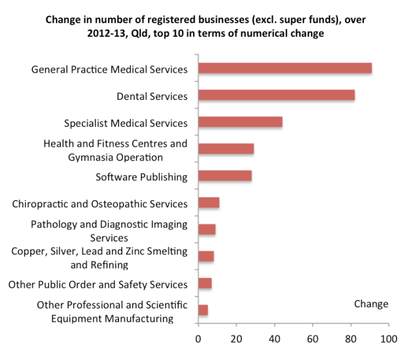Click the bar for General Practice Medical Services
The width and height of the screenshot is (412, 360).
click(x=285, y=68)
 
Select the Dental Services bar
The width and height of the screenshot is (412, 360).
click(x=276, y=95)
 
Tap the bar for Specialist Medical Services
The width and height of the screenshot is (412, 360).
click(x=240, y=122)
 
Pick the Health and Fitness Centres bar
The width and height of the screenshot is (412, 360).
click(x=226, y=149)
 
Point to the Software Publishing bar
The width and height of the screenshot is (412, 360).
click(x=225, y=176)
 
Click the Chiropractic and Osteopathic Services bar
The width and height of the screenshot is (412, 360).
click(x=209, y=203)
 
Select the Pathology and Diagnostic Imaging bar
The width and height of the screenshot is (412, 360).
click(x=207, y=229)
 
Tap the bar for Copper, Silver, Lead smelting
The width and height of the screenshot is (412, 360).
click(x=206, y=256)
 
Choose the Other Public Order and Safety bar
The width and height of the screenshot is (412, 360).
click(x=205, y=283)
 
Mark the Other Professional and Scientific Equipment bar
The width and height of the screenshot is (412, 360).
click(x=203, y=310)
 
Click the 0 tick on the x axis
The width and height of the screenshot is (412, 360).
click(x=198, y=338)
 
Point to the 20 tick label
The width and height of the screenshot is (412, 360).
click(x=236, y=338)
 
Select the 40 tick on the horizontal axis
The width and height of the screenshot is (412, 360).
click(x=275, y=338)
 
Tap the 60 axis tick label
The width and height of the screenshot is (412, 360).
click(x=313, y=338)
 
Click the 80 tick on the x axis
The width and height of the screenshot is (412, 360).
click(x=351, y=338)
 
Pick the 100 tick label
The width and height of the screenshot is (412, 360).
click(x=388, y=338)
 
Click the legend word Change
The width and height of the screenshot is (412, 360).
click(x=371, y=304)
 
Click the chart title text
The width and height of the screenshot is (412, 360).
click(x=206, y=26)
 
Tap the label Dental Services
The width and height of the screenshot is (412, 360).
click(x=152, y=96)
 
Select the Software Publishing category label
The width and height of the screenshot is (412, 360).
click(x=142, y=176)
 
